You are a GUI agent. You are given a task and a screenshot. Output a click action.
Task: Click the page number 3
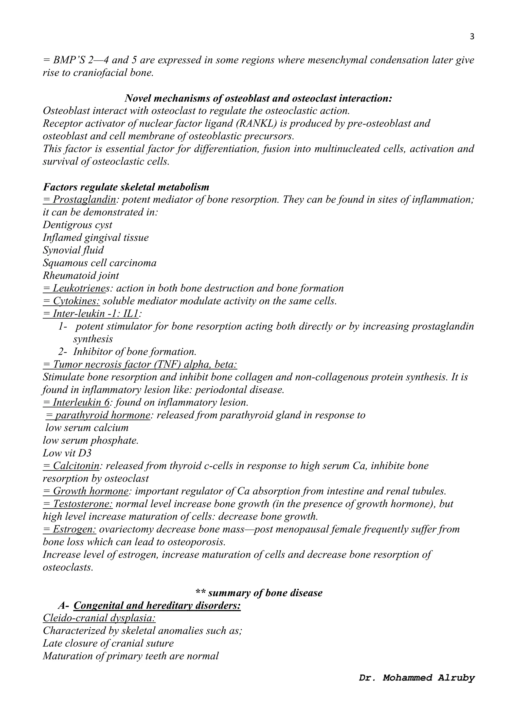pos(472,37)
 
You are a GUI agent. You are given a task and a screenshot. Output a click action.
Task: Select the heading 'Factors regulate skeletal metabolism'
pos(126,187)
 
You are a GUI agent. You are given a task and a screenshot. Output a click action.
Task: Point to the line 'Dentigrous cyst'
pos(77,225)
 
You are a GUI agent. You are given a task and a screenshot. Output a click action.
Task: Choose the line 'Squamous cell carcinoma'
pos(100,263)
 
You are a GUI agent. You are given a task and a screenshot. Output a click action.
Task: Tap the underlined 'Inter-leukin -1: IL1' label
pos(91,314)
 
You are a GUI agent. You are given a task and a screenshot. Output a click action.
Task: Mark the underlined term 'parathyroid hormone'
pos(98,415)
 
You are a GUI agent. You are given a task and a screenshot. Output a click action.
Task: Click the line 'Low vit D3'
pos(67,453)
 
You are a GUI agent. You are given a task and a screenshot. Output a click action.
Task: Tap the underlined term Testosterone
pos(78,504)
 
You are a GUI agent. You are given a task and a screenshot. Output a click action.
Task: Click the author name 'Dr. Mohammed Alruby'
pos(417,678)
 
